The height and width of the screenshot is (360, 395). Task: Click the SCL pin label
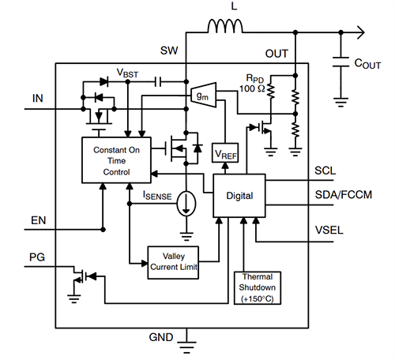[x=326, y=171]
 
